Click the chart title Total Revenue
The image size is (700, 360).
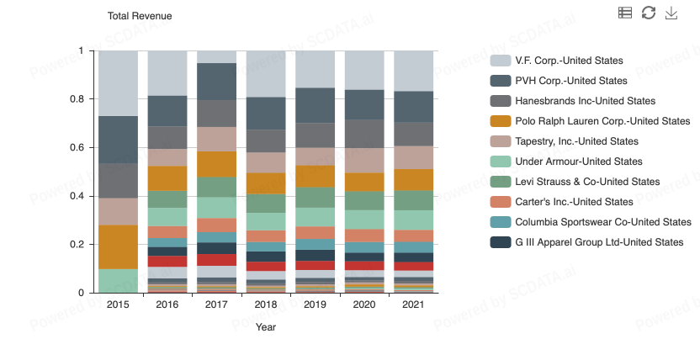tap(141, 16)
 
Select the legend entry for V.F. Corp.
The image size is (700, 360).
tap(556, 61)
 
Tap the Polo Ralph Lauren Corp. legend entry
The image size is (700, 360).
tap(590, 121)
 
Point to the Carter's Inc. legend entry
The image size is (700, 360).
tap(561, 202)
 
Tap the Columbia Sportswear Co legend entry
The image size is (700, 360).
tap(591, 222)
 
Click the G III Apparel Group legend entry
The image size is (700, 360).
tap(586, 242)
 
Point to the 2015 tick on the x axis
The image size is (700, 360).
tap(118, 304)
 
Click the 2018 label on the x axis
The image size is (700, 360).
tap(266, 304)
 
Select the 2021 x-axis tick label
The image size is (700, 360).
tap(413, 304)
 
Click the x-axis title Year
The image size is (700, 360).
tap(266, 327)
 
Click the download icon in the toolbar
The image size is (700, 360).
tap(671, 13)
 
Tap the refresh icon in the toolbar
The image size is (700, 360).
tap(648, 13)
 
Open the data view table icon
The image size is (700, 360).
tap(624, 13)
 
